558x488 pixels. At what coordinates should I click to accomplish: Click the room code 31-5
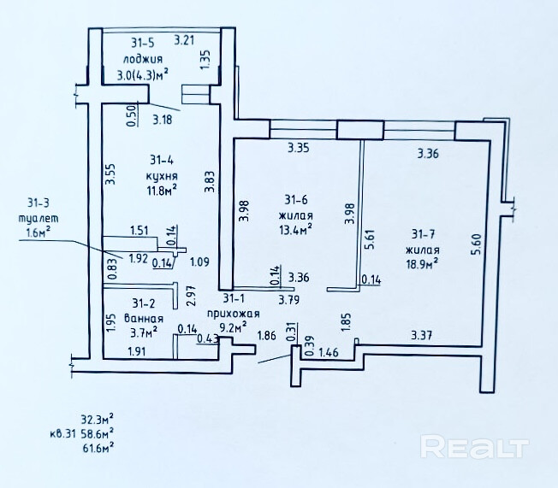click(x=144, y=42)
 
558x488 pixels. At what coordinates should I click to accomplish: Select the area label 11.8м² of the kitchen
click(x=160, y=190)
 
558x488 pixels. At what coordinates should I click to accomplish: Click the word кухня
click(x=160, y=175)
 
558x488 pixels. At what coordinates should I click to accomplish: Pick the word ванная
click(x=143, y=317)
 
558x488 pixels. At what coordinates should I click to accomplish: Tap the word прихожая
click(x=227, y=313)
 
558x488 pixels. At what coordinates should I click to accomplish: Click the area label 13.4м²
click(x=294, y=228)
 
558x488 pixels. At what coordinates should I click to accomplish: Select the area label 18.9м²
click(x=423, y=264)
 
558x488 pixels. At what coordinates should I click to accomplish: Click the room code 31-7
click(x=424, y=234)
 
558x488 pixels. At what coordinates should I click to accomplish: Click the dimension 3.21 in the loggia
click(x=185, y=39)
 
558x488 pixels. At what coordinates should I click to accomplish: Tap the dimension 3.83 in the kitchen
click(x=210, y=184)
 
